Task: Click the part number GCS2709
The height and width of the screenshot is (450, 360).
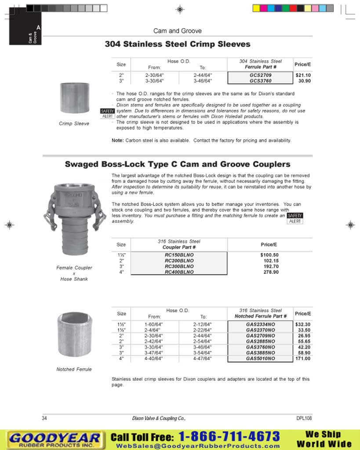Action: (x=260, y=75)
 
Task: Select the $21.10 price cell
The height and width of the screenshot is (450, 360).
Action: (x=303, y=75)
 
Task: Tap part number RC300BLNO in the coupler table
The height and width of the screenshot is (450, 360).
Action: (x=179, y=266)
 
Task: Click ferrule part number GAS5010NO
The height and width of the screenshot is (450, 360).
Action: (x=260, y=359)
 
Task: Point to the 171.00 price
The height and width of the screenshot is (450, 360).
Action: (x=303, y=359)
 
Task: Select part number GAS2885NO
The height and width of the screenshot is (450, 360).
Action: (x=260, y=341)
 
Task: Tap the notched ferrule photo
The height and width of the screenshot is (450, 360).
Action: (x=74, y=334)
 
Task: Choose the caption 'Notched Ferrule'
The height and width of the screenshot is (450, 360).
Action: (x=74, y=370)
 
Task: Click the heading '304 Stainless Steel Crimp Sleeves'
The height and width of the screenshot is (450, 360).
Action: (x=178, y=44)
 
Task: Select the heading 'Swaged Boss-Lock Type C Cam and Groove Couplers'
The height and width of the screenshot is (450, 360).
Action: (x=178, y=164)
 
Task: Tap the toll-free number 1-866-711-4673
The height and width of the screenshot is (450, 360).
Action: (x=229, y=436)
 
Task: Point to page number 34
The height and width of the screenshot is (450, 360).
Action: (x=44, y=418)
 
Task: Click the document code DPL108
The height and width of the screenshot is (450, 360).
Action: (x=304, y=418)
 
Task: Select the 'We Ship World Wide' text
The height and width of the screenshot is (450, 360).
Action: (x=324, y=439)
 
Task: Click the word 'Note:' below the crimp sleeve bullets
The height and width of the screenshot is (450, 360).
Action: (x=117, y=141)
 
